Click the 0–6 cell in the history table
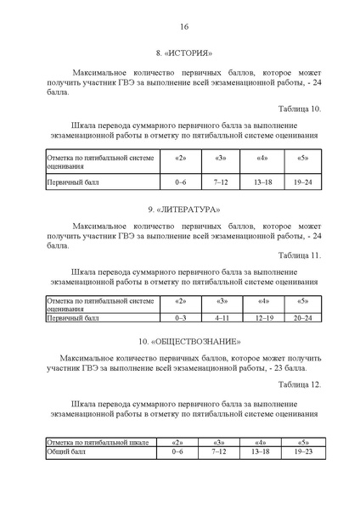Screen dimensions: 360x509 click(x=180, y=182)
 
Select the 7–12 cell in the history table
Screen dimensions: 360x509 click(x=221, y=182)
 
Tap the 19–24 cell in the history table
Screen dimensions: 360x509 click(x=303, y=182)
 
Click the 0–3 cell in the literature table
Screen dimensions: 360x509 click(x=180, y=318)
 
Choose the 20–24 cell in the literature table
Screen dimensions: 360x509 click(x=303, y=318)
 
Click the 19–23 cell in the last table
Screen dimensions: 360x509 click(x=303, y=451)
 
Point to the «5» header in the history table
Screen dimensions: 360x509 click(x=303, y=159)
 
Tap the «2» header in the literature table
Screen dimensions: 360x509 click(x=180, y=301)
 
